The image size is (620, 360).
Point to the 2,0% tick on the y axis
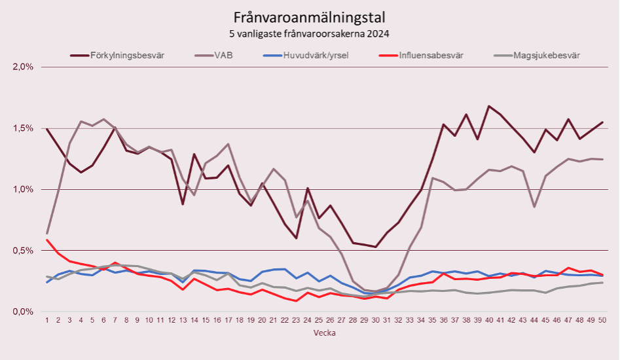pyautogui.click(x=23, y=67)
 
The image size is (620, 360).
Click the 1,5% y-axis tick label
pyautogui.click(x=23, y=128)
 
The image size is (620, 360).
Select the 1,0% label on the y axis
pyautogui.click(x=23, y=189)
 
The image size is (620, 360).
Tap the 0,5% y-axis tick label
pyautogui.click(x=23, y=251)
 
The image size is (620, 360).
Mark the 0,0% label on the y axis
pyautogui.click(x=23, y=312)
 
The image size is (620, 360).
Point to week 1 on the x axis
pyautogui.click(x=47, y=320)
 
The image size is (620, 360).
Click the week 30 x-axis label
pyautogui.click(x=374, y=320)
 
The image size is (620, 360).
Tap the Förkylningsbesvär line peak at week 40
pyautogui.click(x=488, y=106)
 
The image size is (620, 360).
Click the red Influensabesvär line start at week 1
pyautogui.click(x=47, y=240)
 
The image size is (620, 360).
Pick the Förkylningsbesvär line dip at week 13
pyautogui.click(x=183, y=204)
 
